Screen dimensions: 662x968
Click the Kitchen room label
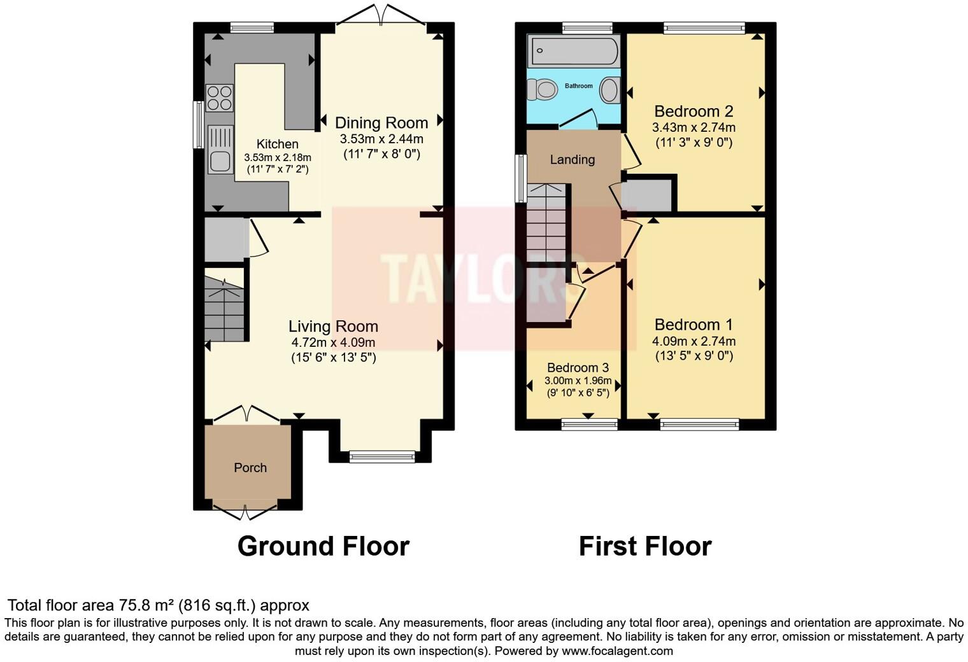tap(277, 144)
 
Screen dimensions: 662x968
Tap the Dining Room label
tap(381, 123)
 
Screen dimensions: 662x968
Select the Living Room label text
tap(333, 327)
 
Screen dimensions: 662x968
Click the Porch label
tap(250, 468)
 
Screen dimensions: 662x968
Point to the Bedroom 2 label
tap(694, 111)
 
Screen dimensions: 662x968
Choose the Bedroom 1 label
tap(694, 325)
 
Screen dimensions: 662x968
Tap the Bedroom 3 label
tap(578, 368)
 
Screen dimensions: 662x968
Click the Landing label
tap(572, 160)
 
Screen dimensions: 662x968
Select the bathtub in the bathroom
tap(574, 51)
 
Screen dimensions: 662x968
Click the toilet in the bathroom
tap(543, 89)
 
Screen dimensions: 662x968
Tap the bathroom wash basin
tap(610, 90)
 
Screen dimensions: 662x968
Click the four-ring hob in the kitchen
tap(219, 98)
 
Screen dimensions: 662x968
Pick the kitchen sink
tap(220, 149)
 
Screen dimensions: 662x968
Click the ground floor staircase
tap(224, 306)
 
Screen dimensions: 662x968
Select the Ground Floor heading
tap(323, 546)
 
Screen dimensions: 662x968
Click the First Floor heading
tap(644, 546)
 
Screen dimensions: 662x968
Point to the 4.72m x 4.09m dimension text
tap(333, 342)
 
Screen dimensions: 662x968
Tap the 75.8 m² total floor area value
tap(146, 605)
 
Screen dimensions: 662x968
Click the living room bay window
tap(381, 456)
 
